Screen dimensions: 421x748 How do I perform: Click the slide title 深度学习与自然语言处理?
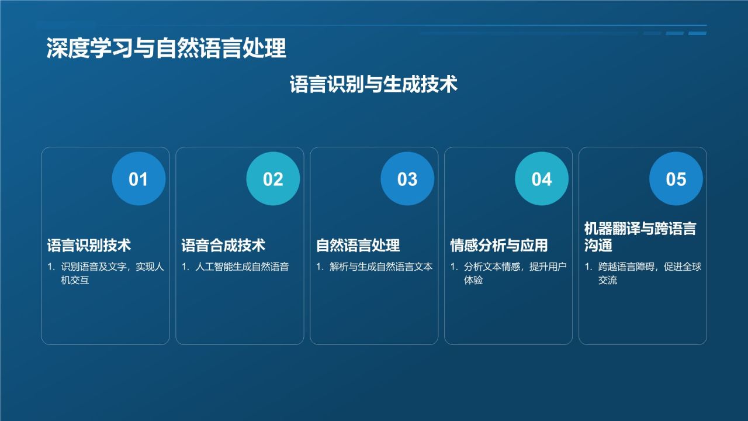click(x=167, y=49)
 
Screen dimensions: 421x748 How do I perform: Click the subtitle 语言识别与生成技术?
click(x=373, y=85)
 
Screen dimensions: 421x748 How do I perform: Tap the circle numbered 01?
click(x=138, y=179)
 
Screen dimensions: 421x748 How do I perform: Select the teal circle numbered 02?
click(x=273, y=179)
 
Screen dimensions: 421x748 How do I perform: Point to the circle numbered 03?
click(x=407, y=179)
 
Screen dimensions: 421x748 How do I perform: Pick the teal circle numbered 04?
click(x=542, y=179)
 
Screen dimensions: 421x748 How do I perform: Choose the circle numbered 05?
click(x=676, y=179)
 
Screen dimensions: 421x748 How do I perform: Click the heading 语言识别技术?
click(x=89, y=246)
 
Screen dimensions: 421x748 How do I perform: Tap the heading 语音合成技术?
click(x=223, y=246)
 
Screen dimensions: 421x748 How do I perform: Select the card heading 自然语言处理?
click(x=358, y=246)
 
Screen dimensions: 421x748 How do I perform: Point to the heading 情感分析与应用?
click(x=499, y=246)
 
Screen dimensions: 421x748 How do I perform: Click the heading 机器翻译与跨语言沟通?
click(x=640, y=237)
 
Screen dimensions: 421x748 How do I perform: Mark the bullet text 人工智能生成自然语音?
click(x=242, y=267)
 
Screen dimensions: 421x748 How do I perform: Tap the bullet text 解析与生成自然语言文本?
click(x=381, y=267)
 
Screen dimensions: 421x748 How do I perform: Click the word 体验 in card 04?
click(x=474, y=281)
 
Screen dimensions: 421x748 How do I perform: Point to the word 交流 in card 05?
click(x=608, y=281)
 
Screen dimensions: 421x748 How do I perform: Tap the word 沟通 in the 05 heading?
click(x=598, y=246)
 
